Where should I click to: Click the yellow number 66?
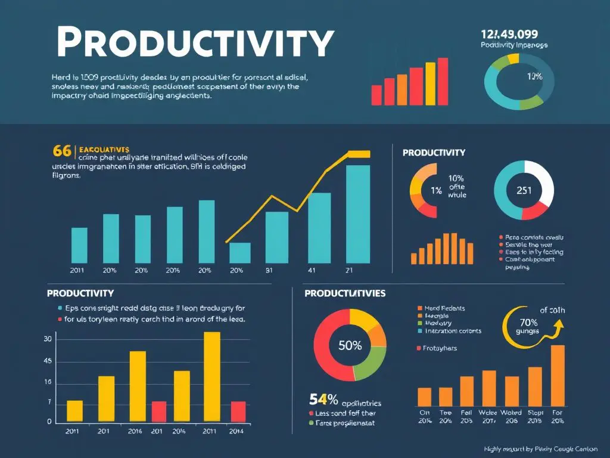62,150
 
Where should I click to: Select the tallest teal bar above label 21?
357,214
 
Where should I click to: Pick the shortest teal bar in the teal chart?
240,253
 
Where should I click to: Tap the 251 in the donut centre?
524,191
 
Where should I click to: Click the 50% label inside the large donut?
350,346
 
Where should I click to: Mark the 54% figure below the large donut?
324,399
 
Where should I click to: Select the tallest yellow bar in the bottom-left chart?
212,377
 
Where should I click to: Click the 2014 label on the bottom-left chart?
236,431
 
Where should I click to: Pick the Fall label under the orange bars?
466,412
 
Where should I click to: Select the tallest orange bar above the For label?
558,375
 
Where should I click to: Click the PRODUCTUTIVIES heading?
345,293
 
